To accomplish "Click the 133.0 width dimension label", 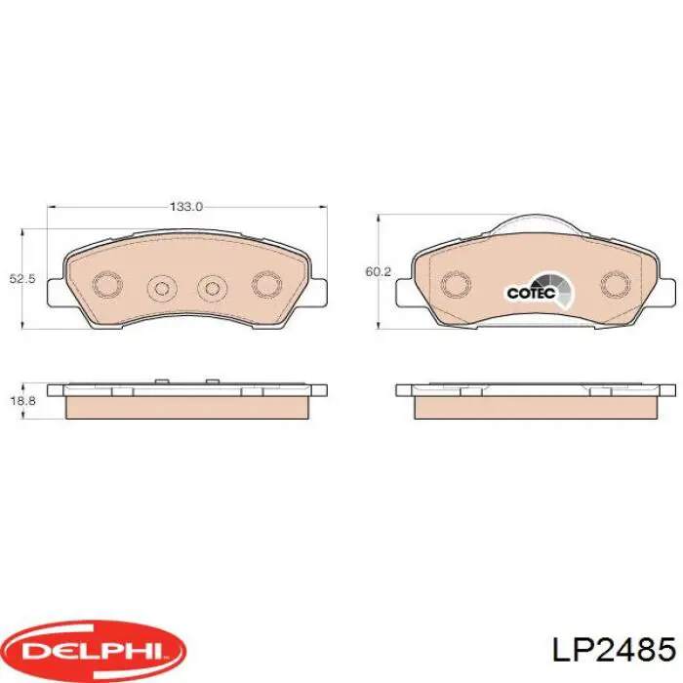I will coord(185,206).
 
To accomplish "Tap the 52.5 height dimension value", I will coord(22,279).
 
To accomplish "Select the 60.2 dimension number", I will coord(378,272).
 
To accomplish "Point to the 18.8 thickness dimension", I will coord(22,401).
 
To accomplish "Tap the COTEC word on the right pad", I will coord(529,291).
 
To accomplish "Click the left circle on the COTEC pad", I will coord(454,283).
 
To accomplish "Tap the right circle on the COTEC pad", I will coord(616,283).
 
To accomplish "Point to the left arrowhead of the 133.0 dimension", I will coord(53,206).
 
